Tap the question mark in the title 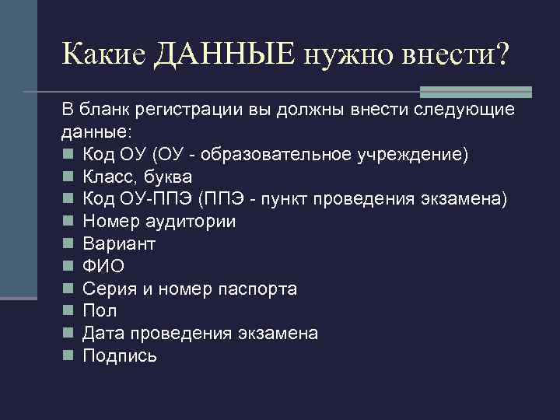[x=501, y=54]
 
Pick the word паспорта [x=257, y=289]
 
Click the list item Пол [x=100, y=311]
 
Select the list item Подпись [x=120, y=356]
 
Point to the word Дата [x=103, y=334]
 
